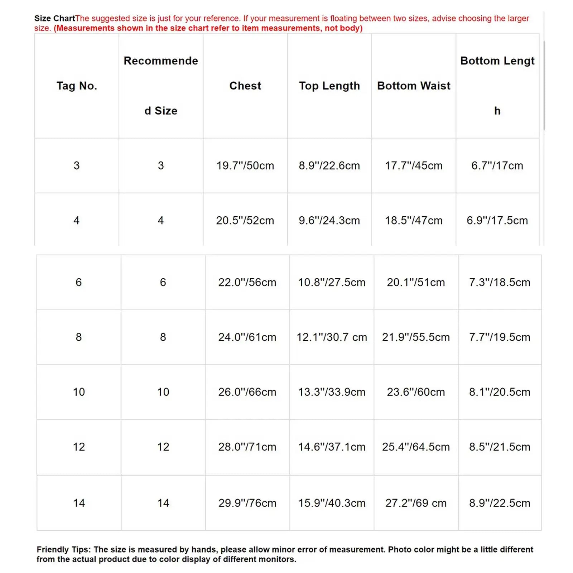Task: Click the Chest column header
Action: pos(245,86)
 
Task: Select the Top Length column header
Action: pos(329,86)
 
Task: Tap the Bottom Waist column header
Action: pos(414,86)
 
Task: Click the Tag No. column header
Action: pos(77,86)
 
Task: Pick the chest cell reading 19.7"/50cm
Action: pos(245,165)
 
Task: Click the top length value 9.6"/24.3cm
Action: pos(329,220)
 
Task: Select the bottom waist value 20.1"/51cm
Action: pos(416,282)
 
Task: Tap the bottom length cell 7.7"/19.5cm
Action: pos(500,337)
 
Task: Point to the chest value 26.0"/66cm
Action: pos(247,392)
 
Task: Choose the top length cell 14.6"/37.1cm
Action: pos(332,447)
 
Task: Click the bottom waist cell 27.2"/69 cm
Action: pos(416,503)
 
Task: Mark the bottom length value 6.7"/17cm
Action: pos(497,165)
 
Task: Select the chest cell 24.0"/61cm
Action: pos(247,337)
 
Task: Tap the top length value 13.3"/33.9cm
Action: pos(332,392)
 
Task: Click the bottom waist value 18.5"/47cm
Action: pos(414,220)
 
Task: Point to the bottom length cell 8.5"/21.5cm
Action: pos(500,447)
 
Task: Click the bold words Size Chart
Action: pos(54,18)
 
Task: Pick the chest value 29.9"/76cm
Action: pos(247,503)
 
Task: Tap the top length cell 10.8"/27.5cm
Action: pos(332,282)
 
